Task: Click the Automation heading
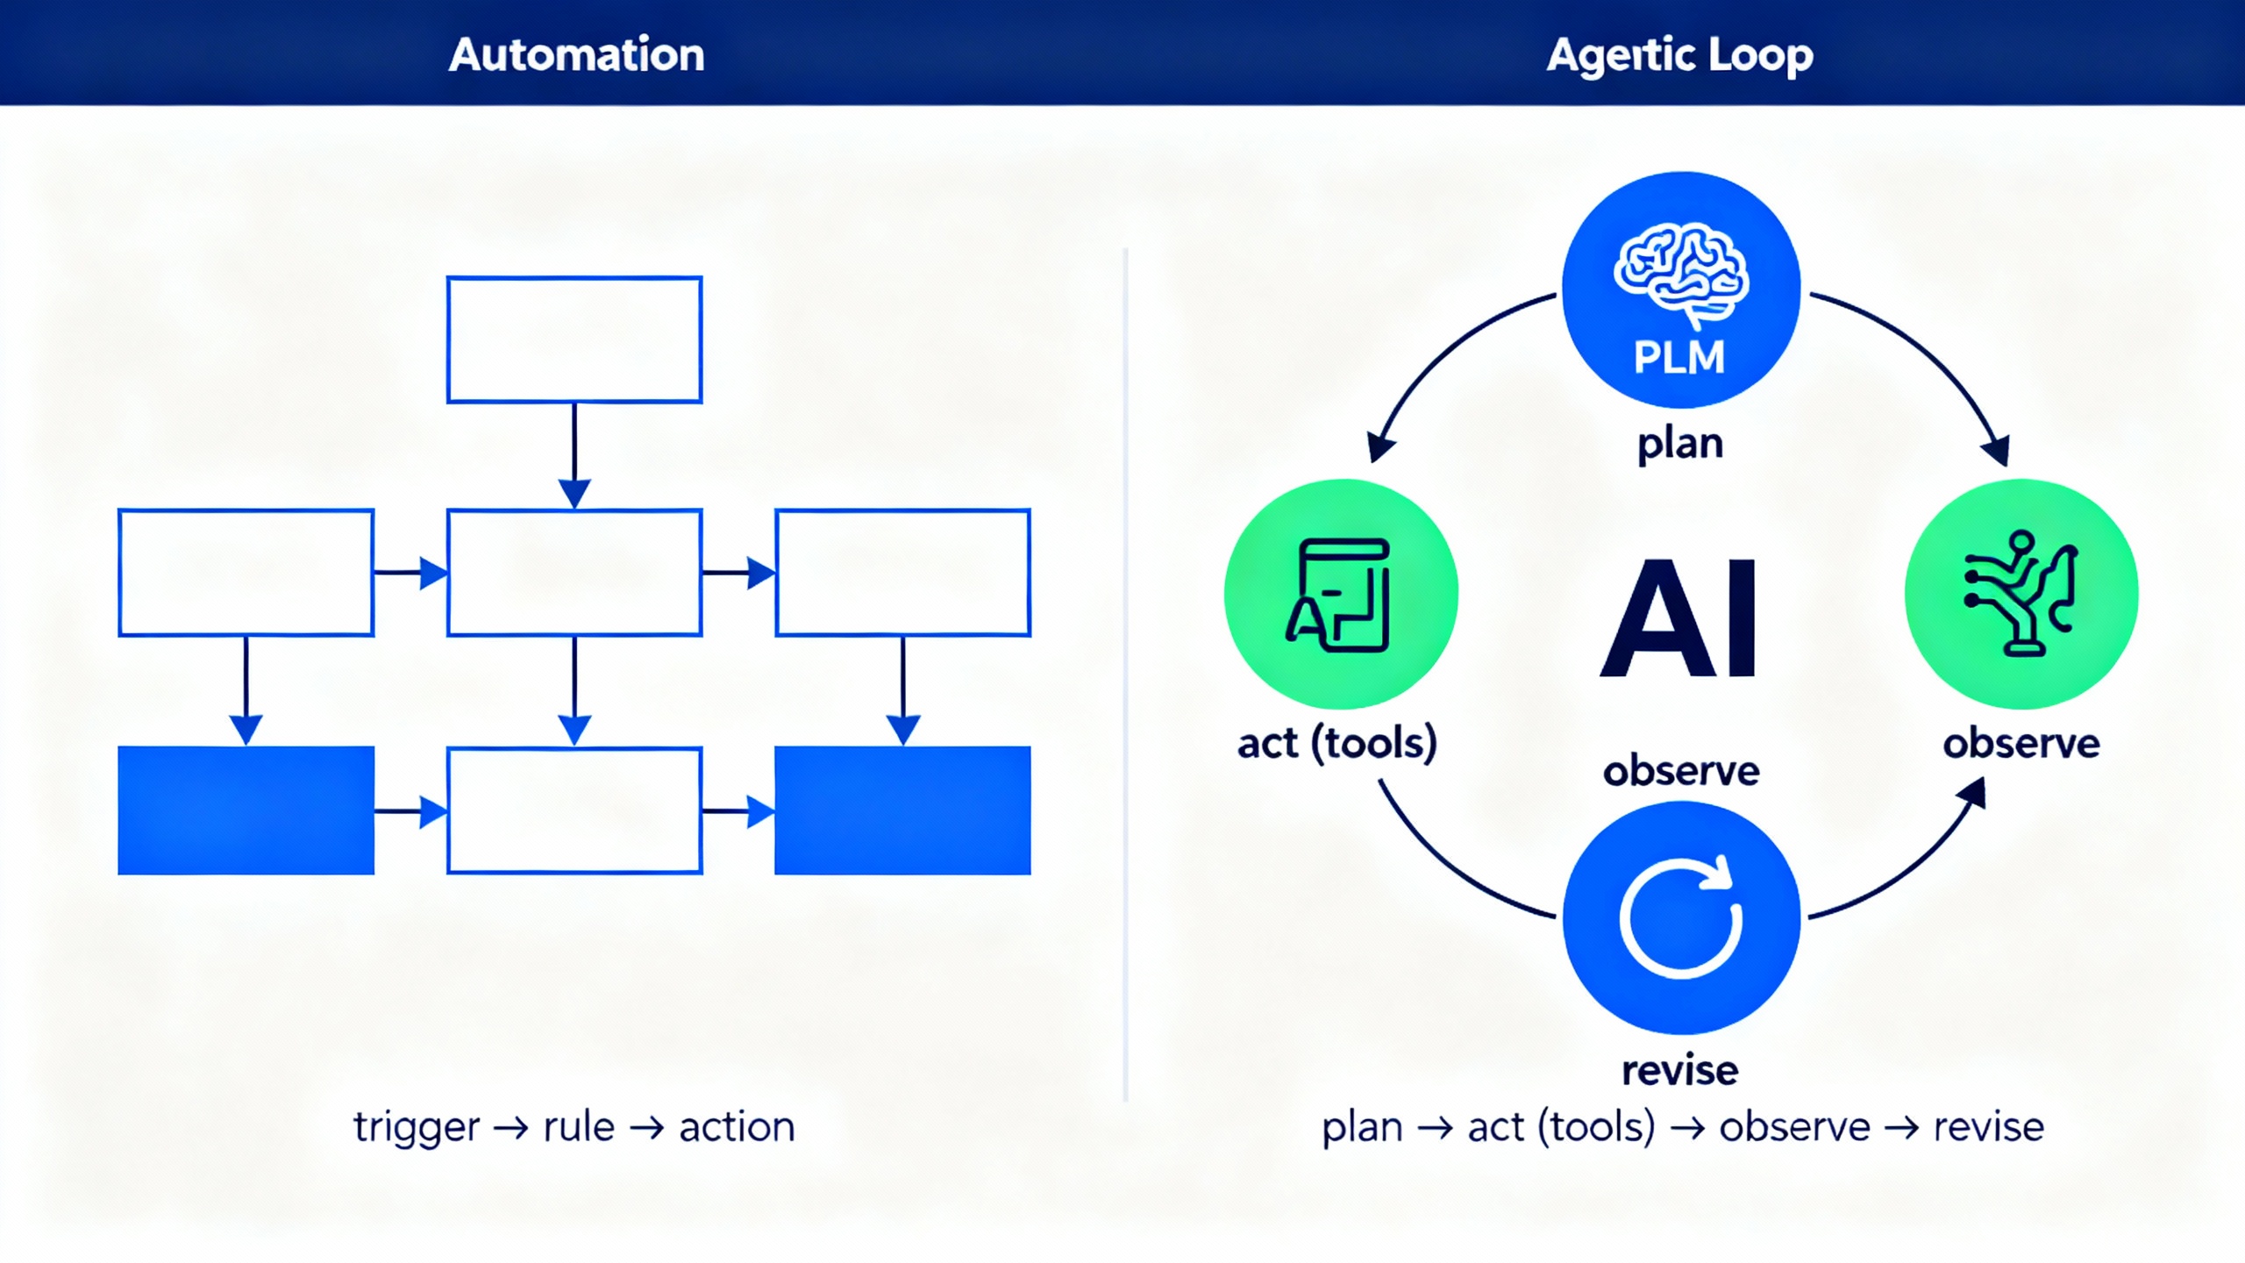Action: tap(576, 54)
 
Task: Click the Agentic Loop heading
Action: tap(1679, 55)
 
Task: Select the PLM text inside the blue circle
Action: tap(1679, 358)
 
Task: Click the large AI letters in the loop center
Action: tap(1679, 619)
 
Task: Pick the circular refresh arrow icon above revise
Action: tap(1679, 917)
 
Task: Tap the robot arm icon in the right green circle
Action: tap(2020, 593)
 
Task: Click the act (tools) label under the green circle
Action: tap(1337, 743)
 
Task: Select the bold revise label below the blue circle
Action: tap(1679, 1071)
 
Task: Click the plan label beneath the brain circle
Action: tap(1679, 443)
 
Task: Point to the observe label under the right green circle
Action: tap(2020, 744)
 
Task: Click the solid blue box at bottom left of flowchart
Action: tap(246, 810)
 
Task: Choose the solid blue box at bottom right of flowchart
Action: tap(902, 810)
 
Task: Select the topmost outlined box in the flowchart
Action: tap(574, 339)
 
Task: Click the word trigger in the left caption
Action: tap(417, 1127)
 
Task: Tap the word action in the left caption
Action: tap(737, 1127)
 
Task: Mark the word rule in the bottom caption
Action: tap(579, 1127)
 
